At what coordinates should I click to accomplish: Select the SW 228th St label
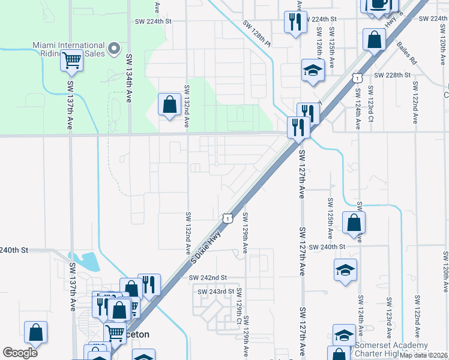tap(391, 75)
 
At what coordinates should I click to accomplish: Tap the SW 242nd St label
tap(207, 278)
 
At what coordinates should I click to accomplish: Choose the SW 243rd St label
tap(215, 292)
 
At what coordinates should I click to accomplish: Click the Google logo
tap(20, 353)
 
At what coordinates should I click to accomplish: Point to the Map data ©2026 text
tap(424, 355)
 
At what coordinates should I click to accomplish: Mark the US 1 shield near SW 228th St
tap(357, 78)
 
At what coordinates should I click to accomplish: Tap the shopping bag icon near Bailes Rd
tap(374, 41)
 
